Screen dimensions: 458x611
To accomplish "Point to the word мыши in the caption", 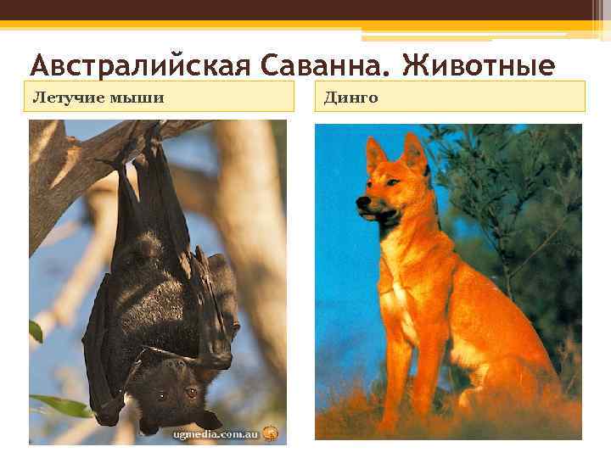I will [140, 97].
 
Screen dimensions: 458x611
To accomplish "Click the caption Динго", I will [350, 97].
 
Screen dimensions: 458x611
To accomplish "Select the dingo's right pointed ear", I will [415, 151].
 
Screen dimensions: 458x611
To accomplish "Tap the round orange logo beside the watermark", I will [270, 432].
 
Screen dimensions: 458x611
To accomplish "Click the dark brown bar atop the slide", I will [305, 10].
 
